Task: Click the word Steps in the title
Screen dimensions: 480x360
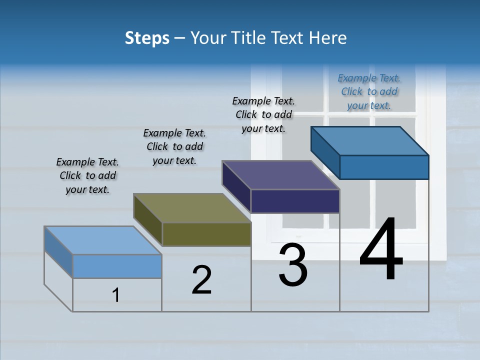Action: click(x=147, y=38)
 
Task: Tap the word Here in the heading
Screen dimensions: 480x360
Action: click(x=328, y=38)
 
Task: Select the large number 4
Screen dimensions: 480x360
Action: click(x=381, y=250)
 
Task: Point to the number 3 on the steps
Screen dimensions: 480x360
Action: click(x=293, y=265)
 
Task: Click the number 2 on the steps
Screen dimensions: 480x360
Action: click(x=201, y=280)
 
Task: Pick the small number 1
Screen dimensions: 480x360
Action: click(x=116, y=295)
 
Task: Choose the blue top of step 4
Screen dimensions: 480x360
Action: click(x=370, y=141)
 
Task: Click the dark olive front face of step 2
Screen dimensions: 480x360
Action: click(x=206, y=234)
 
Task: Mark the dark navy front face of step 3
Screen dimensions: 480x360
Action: click(x=295, y=201)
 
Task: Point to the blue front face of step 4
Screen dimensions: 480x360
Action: click(x=384, y=167)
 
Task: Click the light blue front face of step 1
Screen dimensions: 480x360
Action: click(x=117, y=266)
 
